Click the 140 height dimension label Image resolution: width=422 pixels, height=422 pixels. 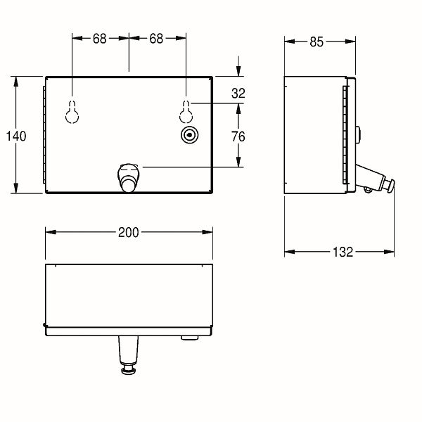[x=16, y=136]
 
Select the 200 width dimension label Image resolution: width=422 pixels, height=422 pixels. [x=129, y=232]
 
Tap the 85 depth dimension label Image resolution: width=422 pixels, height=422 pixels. [x=316, y=42]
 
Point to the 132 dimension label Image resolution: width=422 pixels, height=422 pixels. [x=343, y=252]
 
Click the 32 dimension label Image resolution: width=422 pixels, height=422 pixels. [x=238, y=94]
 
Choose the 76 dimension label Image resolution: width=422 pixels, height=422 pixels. [x=238, y=136]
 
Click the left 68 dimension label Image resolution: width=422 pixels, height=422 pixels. [x=100, y=39]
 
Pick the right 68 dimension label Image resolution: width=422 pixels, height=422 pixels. [x=156, y=39]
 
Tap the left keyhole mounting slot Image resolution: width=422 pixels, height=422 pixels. [x=72, y=112]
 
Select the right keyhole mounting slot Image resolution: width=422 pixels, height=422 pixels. [x=186, y=112]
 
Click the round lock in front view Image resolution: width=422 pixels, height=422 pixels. [x=190, y=134]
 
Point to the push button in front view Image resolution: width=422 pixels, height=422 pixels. [x=129, y=178]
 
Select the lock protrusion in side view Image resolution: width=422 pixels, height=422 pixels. [x=358, y=134]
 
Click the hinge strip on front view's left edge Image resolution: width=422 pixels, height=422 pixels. [x=44, y=135]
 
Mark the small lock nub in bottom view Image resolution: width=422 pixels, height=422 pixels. [x=189, y=338]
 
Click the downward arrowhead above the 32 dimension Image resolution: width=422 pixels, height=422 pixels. [x=238, y=71]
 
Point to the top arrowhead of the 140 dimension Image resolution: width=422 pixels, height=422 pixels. [x=16, y=82]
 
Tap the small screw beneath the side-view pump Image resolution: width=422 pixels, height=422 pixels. [x=368, y=191]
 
